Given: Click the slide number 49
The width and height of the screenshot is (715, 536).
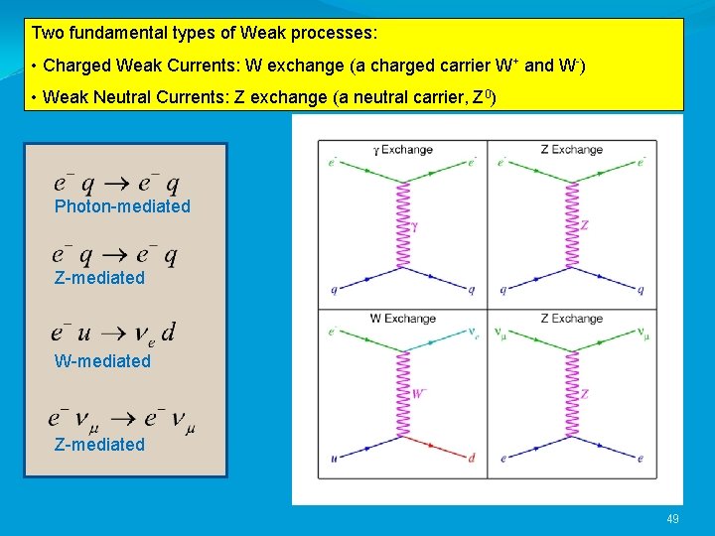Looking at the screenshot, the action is coord(673,519).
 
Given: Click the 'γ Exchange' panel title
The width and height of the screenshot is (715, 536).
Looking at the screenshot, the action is coord(402,150).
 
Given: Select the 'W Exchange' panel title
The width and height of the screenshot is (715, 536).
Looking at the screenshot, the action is coord(402,319).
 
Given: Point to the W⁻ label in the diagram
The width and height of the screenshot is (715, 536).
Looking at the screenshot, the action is coord(418,394).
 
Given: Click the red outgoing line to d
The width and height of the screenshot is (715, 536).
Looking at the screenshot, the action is coord(438,448).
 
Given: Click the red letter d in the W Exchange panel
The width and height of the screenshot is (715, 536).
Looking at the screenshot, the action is coord(473,459).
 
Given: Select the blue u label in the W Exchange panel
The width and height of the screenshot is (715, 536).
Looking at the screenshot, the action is coord(334,459).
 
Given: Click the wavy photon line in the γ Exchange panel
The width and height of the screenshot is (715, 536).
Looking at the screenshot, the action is coord(403,225).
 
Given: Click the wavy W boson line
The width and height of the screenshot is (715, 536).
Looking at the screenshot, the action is coord(403,394).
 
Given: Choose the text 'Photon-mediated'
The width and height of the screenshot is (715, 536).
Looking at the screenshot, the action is coord(122,206).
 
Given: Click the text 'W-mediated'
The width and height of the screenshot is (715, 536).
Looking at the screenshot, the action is coord(102,361).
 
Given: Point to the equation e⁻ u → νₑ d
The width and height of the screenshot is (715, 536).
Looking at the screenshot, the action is coord(113,333).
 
